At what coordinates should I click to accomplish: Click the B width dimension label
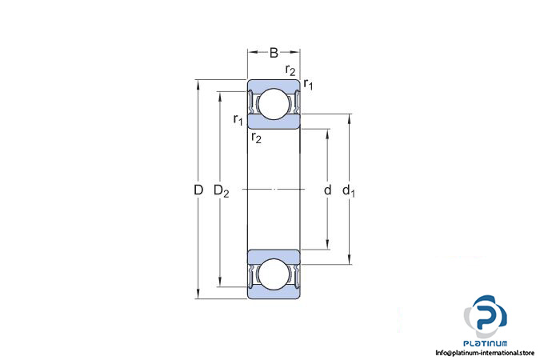click(274, 54)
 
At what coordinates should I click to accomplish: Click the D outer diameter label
click(198, 190)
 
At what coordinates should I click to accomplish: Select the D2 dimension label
click(221, 190)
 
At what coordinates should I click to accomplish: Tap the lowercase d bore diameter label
click(327, 190)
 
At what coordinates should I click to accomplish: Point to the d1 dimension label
click(349, 190)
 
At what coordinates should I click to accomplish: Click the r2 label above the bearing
click(290, 70)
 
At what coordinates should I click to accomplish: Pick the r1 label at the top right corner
click(308, 83)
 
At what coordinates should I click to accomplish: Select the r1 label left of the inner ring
click(238, 120)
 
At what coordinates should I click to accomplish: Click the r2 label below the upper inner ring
click(256, 138)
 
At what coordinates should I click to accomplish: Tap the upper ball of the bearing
click(273, 104)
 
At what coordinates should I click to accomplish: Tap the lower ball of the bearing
click(273, 274)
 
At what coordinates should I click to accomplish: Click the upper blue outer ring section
click(273, 85)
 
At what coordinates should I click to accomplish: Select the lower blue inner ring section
click(273, 255)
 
